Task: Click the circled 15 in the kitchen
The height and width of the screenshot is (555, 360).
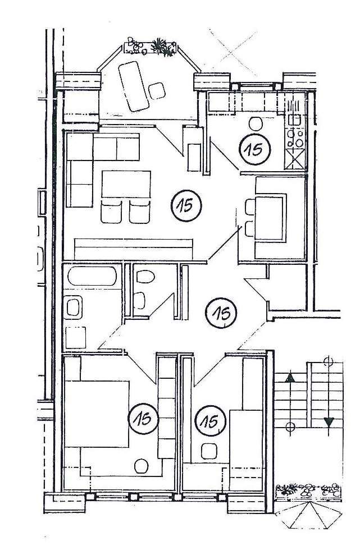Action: tap(254, 149)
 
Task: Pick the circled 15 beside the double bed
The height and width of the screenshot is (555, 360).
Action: tap(143, 419)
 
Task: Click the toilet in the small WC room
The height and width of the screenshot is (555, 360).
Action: tap(145, 277)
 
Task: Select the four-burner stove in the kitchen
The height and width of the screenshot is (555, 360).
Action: tap(296, 135)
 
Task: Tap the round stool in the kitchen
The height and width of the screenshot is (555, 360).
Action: tap(256, 123)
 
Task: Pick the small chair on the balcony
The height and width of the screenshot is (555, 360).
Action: tap(157, 90)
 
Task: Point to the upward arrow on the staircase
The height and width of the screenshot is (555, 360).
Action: tap(290, 377)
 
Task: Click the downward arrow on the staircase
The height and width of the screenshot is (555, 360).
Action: tap(329, 422)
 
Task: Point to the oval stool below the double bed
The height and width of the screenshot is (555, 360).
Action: tap(141, 465)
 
